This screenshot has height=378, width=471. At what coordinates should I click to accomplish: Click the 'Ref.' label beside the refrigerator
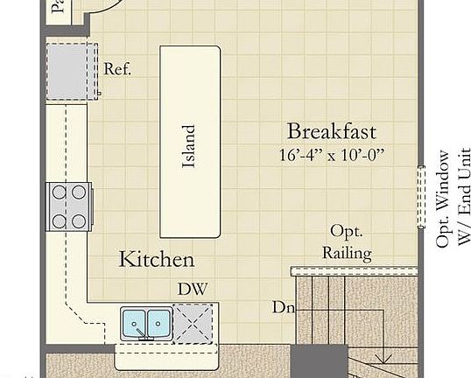[117, 69]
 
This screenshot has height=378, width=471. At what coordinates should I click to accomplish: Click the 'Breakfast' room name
[332, 132]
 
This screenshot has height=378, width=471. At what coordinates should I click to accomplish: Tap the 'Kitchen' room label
[157, 259]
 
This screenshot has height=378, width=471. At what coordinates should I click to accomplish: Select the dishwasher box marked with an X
[192, 322]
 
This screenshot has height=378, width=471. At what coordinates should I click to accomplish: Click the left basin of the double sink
[135, 322]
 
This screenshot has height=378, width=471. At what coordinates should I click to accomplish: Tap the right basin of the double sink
[158, 322]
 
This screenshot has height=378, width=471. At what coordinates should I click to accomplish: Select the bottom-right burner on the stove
[79, 220]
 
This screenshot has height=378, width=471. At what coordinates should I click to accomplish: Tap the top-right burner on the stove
[79, 192]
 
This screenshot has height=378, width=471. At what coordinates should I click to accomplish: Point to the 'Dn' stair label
[283, 308]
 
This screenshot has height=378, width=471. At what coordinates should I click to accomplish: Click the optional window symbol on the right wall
[421, 197]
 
